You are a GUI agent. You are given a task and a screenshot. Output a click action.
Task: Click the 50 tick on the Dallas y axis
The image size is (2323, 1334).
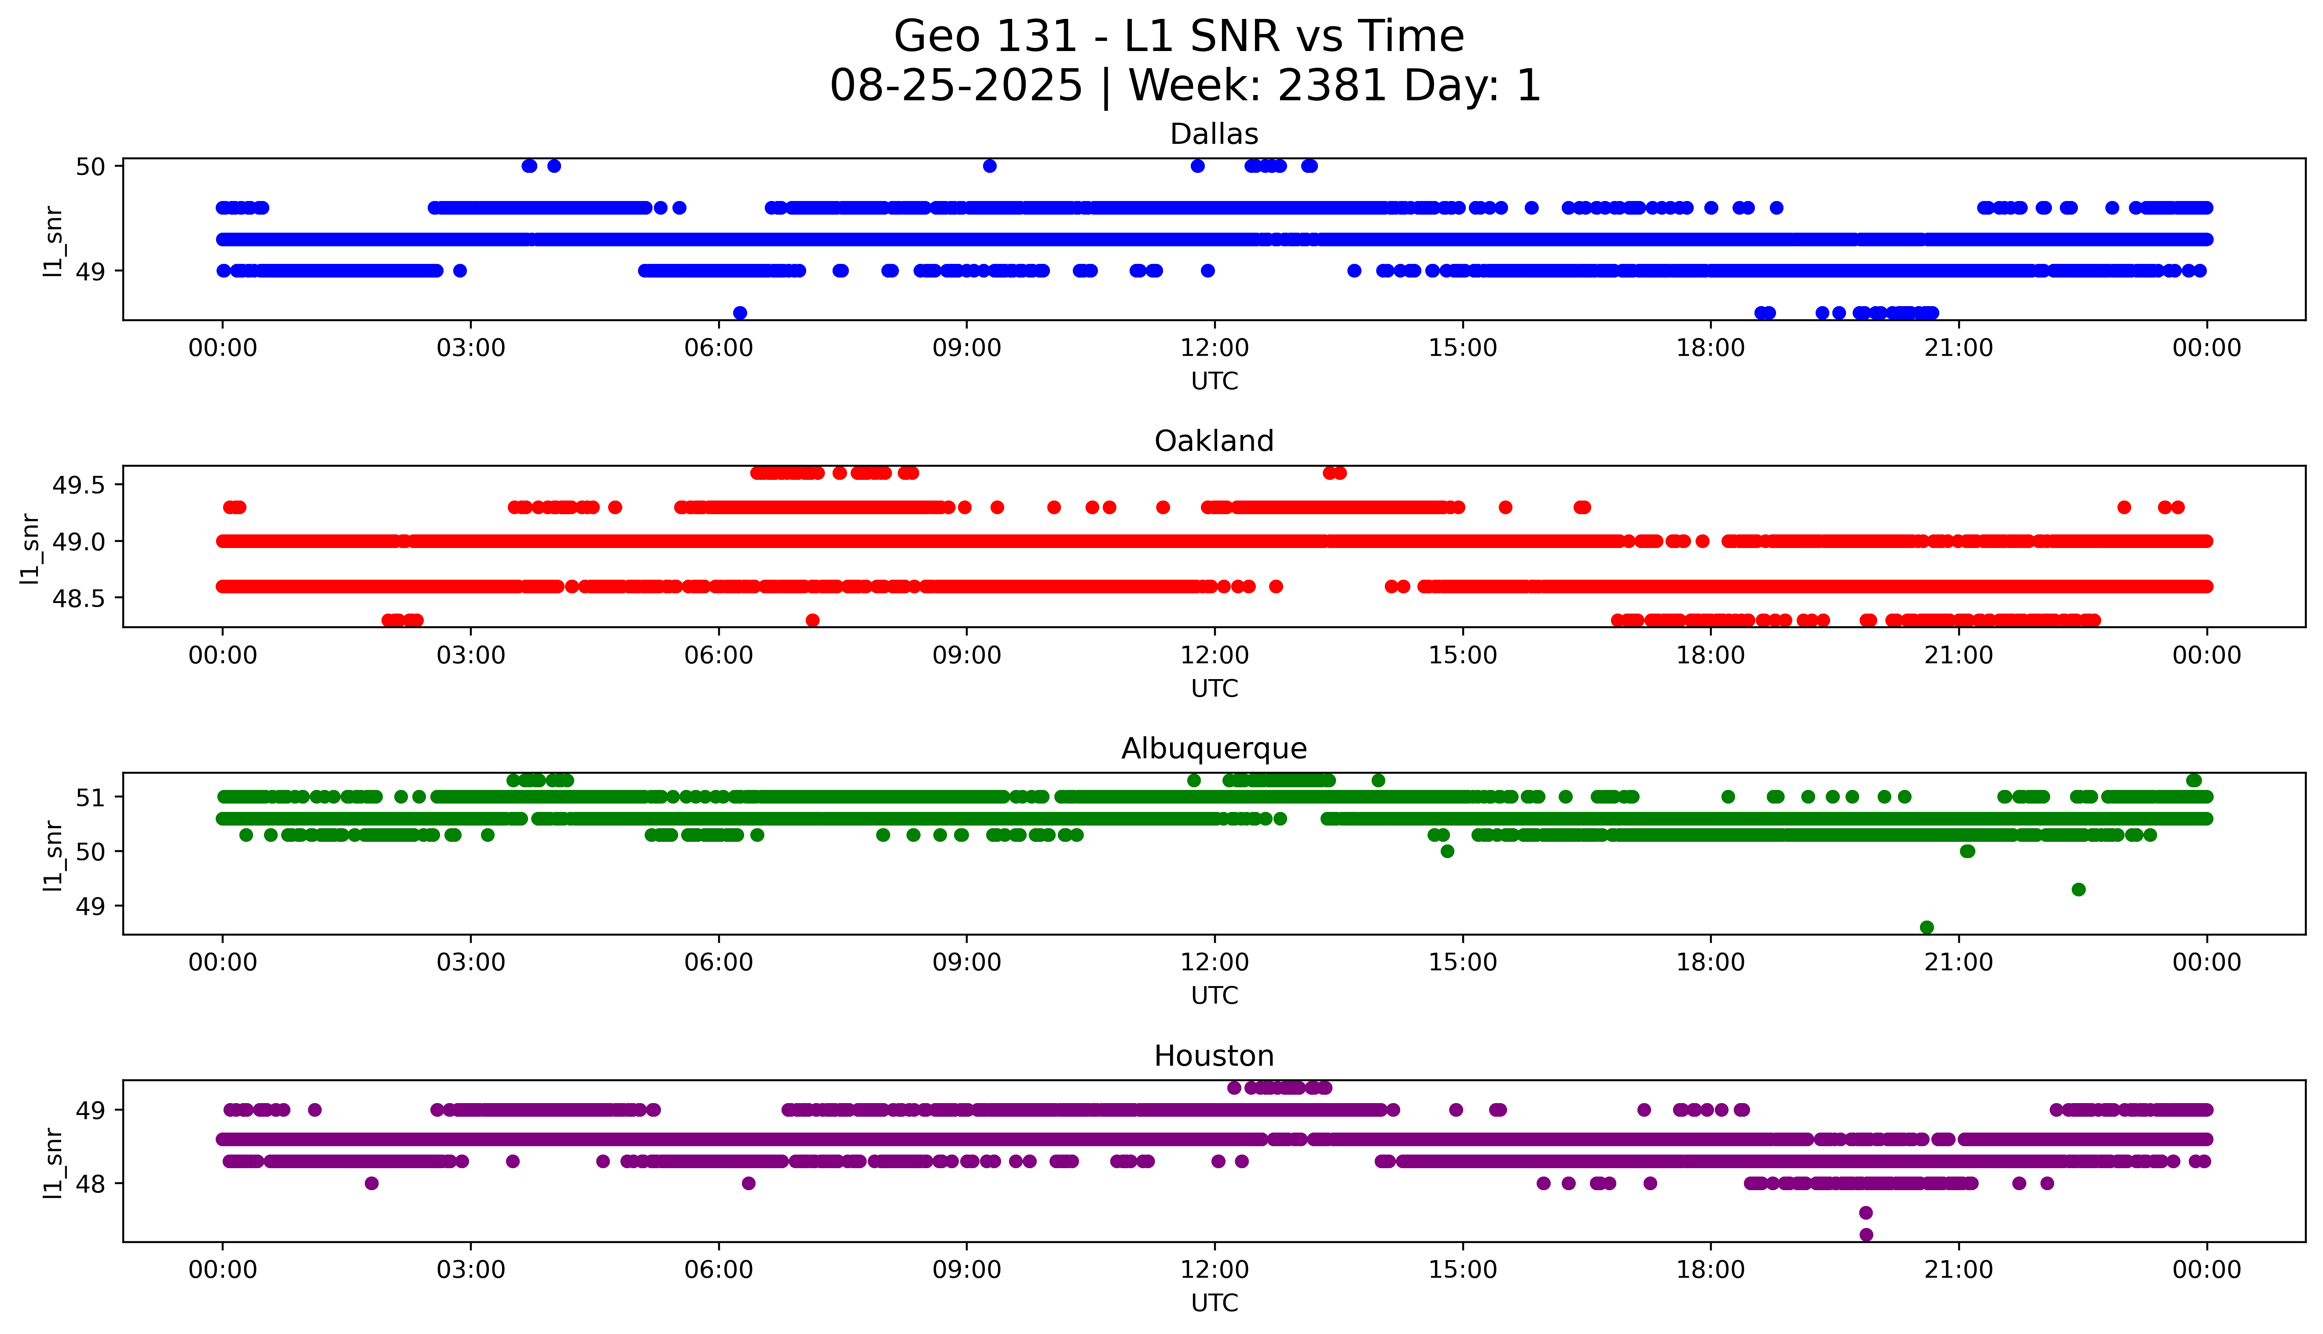(x=91, y=167)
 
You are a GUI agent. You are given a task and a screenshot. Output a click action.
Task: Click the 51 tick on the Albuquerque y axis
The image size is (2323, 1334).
(x=91, y=797)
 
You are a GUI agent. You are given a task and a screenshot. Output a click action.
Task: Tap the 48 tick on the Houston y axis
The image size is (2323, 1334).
(x=91, y=1184)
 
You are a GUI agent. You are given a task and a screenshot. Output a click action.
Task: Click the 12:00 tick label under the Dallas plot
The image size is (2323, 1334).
(x=1214, y=348)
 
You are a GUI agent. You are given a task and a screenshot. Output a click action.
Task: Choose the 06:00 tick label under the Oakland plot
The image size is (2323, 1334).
(x=719, y=655)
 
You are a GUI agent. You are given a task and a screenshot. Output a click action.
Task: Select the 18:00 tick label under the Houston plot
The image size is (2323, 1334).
(x=1710, y=1270)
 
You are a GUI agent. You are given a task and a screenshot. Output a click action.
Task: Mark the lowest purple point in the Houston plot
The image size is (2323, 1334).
(x=1866, y=1235)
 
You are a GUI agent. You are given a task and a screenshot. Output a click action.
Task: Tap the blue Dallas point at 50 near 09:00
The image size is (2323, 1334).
(x=989, y=166)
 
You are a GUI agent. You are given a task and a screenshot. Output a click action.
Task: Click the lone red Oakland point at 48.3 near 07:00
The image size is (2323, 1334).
(x=812, y=620)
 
